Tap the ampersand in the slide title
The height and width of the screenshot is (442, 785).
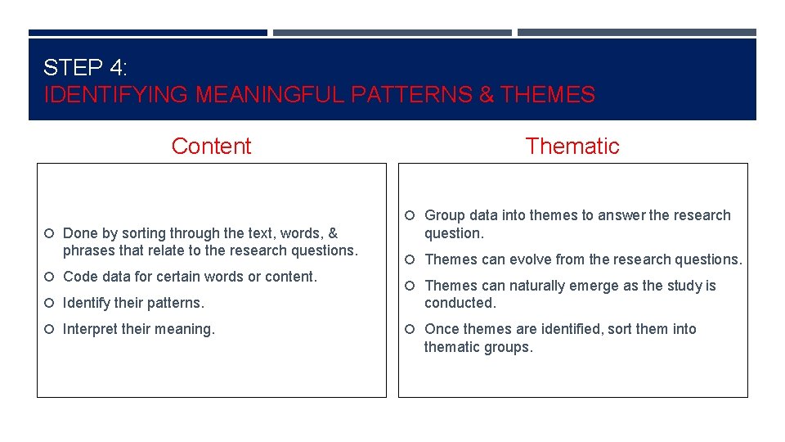click(x=486, y=95)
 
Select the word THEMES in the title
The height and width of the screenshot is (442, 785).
click(x=548, y=95)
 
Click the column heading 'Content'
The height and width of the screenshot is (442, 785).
click(x=211, y=147)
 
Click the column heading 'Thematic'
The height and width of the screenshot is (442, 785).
click(x=572, y=147)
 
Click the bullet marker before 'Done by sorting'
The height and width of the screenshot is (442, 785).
click(x=50, y=234)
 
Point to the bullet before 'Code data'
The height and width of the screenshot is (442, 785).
click(x=50, y=277)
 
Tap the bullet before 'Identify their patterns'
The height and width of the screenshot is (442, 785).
click(x=50, y=304)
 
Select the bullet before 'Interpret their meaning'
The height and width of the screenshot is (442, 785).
click(x=50, y=330)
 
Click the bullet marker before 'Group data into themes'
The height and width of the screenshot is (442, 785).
click(x=411, y=216)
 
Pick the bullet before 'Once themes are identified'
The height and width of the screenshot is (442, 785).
click(x=411, y=330)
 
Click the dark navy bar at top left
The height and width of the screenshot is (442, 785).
click(x=147, y=33)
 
